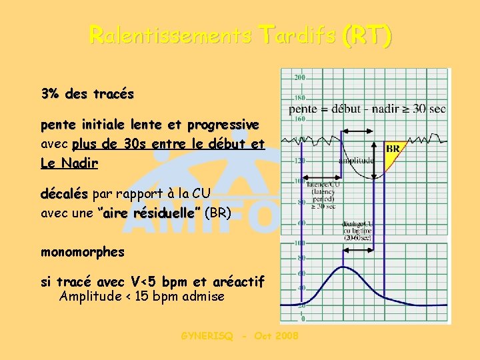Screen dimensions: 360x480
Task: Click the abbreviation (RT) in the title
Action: [366, 34]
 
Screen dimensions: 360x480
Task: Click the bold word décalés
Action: [64, 194]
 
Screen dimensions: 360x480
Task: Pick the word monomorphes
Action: [83, 252]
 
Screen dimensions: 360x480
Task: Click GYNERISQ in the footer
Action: [207, 336]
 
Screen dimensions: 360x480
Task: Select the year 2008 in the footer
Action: [286, 336]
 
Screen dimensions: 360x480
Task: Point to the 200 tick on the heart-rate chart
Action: [299, 78]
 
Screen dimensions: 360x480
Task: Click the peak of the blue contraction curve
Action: [343, 267]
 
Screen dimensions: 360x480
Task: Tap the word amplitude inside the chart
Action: [357, 161]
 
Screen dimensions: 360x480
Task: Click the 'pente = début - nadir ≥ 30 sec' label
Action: [367, 109]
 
